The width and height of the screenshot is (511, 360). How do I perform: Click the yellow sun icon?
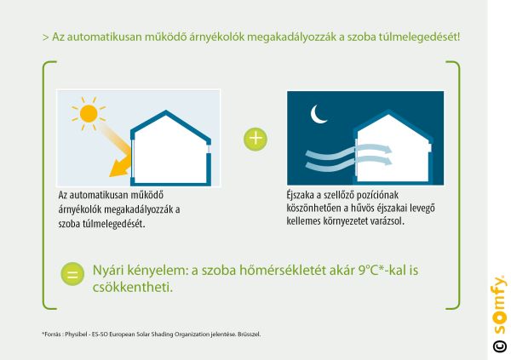(x=89, y=113)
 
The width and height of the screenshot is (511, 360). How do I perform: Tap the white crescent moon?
(x=317, y=115)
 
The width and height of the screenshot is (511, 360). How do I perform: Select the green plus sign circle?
(x=255, y=139)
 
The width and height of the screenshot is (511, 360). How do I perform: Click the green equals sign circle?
(x=72, y=274)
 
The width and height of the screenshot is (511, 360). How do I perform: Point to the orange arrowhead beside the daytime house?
(x=118, y=169)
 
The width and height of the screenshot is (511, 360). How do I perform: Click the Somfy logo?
(x=499, y=305)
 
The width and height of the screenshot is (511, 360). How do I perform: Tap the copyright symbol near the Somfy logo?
(x=499, y=346)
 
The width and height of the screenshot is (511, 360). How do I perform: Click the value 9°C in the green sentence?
(x=368, y=271)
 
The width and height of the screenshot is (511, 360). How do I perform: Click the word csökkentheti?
(x=133, y=288)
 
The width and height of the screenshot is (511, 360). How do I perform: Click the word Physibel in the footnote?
(x=76, y=334)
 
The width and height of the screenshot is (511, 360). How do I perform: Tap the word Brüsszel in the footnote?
(x=250, y=334)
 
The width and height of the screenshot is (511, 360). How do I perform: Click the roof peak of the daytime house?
(x=166, y=111)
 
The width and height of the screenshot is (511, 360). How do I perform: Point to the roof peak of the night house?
(x=388, y=111)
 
